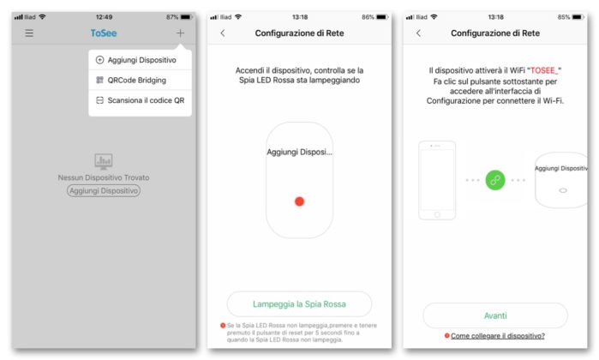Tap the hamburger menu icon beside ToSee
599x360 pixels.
[29, 33]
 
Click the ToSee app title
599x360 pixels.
[104, 33]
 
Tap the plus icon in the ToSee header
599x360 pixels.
[180, 33]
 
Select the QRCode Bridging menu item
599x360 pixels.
[137, 81]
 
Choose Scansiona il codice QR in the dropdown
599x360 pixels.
[146, 100]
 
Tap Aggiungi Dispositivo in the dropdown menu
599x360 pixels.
[141, 60]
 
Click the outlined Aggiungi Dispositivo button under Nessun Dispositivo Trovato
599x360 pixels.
[104, 190]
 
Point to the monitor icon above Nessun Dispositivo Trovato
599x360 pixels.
[104, 161]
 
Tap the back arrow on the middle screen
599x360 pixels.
[223, 33]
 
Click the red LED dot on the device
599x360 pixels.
[300, 201]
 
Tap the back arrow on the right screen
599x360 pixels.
[419, 33]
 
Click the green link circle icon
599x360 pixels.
[495, 180]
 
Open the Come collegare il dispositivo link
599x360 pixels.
[498, 336]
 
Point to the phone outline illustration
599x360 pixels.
[437, 180]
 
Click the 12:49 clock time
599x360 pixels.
[104, 17]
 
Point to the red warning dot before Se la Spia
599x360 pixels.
[223, 326]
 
